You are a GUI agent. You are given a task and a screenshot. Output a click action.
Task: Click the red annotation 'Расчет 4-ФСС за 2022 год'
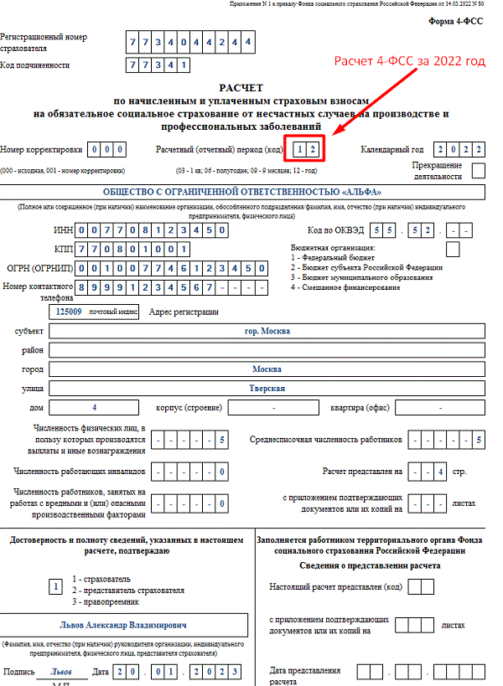click(x=409, y=62)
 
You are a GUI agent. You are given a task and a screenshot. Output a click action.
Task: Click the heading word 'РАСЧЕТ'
click(x=241, y=87)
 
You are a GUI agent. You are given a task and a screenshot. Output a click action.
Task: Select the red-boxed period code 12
click(x=307, y=149)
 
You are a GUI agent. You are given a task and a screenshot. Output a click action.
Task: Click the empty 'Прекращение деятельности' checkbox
click(x=479, y=171)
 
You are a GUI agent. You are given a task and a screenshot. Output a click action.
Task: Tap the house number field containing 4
click(x=95, y=407)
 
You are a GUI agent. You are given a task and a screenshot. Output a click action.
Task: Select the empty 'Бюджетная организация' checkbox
click(x=453, y=248)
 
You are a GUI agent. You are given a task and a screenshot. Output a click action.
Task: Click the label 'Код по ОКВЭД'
click(x=332, y=230)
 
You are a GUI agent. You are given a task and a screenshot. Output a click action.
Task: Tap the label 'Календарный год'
click(x=392, y=150)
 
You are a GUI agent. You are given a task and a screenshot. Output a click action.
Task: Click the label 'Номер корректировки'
click(x=41, y=150)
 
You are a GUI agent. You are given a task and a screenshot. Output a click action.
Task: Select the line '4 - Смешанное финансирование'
click(x=345, y=287)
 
